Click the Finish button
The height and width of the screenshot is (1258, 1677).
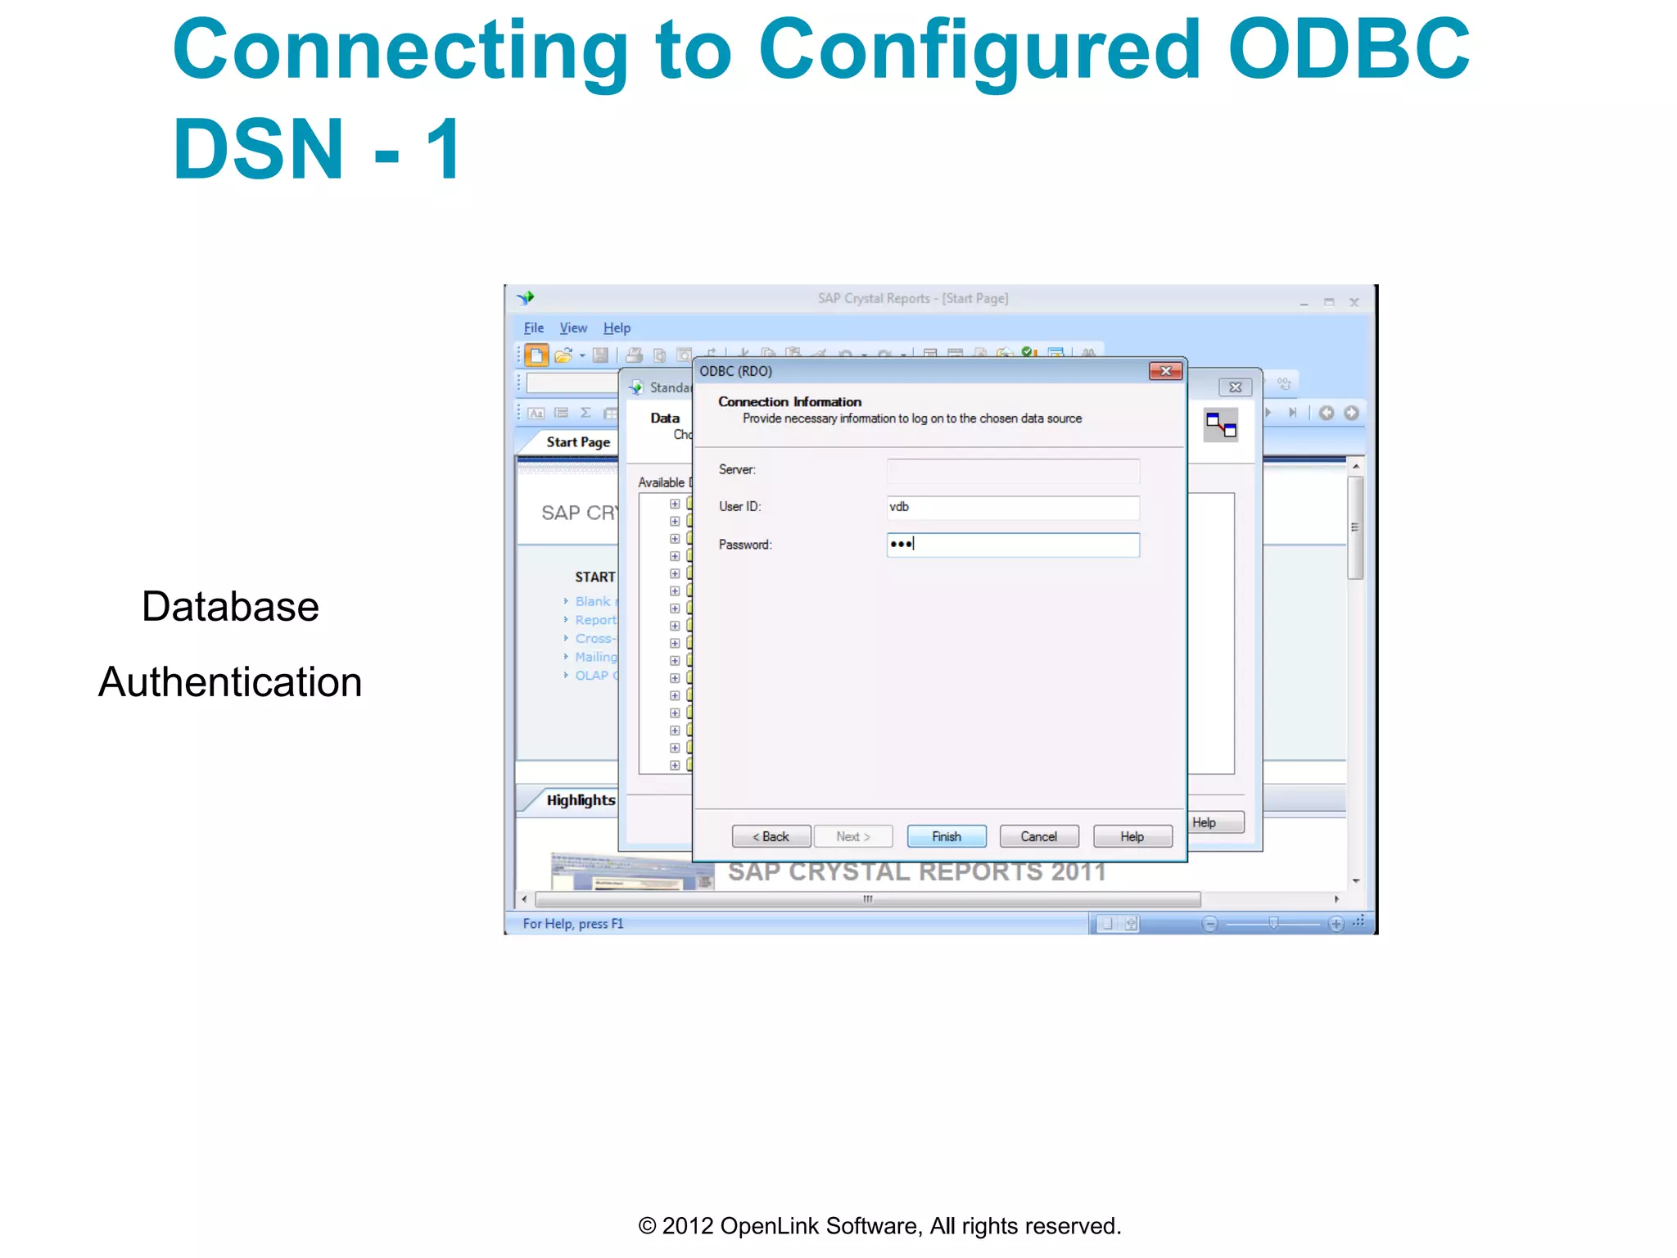tap(946, 836)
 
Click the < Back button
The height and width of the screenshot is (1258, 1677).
tap(771, 836)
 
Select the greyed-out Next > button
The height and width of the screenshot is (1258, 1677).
tap(852, 836)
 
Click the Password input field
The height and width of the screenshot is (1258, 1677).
tap(1012, 545)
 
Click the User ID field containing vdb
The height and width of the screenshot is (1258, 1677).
tap(1012, 507)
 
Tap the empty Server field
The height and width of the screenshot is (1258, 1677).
tap(1012, 470)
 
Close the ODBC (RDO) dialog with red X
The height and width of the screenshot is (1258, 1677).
tap(1164, 371)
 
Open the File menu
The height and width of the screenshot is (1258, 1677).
tap(533, 328)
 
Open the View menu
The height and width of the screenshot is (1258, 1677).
tap(573, 328)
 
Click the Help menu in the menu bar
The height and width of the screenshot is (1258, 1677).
tap(617, 328)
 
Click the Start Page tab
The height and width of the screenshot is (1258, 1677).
tap(578, 442)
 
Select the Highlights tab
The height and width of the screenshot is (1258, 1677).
tap(580, 800)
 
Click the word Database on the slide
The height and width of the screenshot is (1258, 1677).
tap(230, 607)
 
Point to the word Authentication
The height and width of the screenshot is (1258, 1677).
tap(230, 682)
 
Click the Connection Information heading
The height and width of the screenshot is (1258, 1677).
tap(789, 401)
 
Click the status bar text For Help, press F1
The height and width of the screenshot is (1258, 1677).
tap(572, 924)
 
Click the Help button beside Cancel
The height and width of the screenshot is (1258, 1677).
tap(1132, 836)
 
